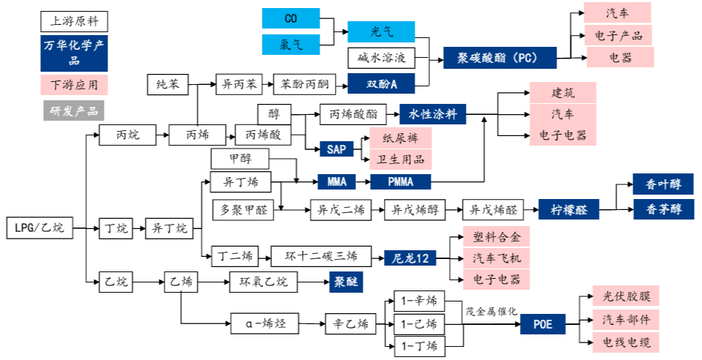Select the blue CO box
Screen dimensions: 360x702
tap(290, 18)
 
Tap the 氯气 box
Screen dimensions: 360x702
tap(290, 45)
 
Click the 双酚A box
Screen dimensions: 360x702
tap(380, 85)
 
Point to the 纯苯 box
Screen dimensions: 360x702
tap(167, 85)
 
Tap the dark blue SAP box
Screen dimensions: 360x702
tap(336, 149)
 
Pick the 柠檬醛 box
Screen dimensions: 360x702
tap(568, 211)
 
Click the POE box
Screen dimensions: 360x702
tap(543, 323)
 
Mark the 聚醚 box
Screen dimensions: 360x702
tap(342, 282)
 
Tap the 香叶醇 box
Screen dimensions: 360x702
tap(663, 184)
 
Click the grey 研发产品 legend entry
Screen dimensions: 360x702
tap(74, 110)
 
